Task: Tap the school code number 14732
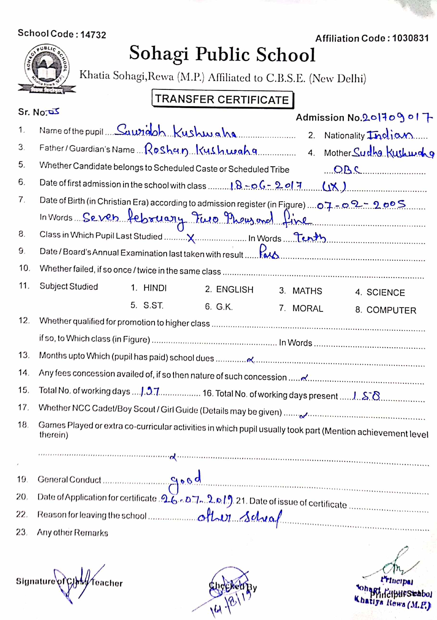point(93,35)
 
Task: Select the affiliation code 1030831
point(410,38)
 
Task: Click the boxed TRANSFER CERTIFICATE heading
point(222,99)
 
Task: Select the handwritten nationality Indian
point(390,135)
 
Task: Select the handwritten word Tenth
point(310,237)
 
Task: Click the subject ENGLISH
point(234,289)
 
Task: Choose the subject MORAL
point(308,308)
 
